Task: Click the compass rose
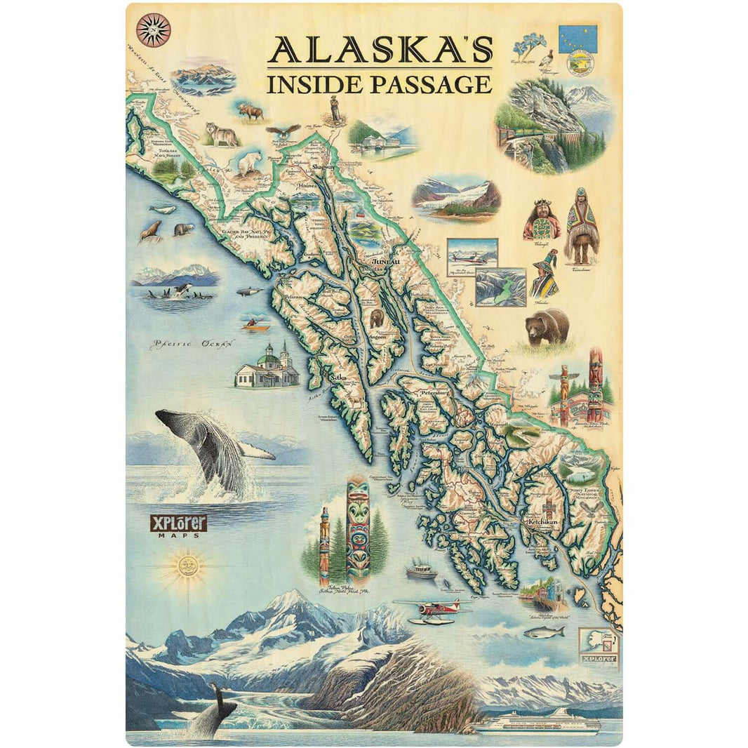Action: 154,29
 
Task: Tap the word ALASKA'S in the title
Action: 380,51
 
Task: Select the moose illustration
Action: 251,111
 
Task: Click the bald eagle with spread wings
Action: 283,131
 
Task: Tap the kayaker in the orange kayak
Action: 255,325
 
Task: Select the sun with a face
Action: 187,564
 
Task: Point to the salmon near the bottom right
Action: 544,632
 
